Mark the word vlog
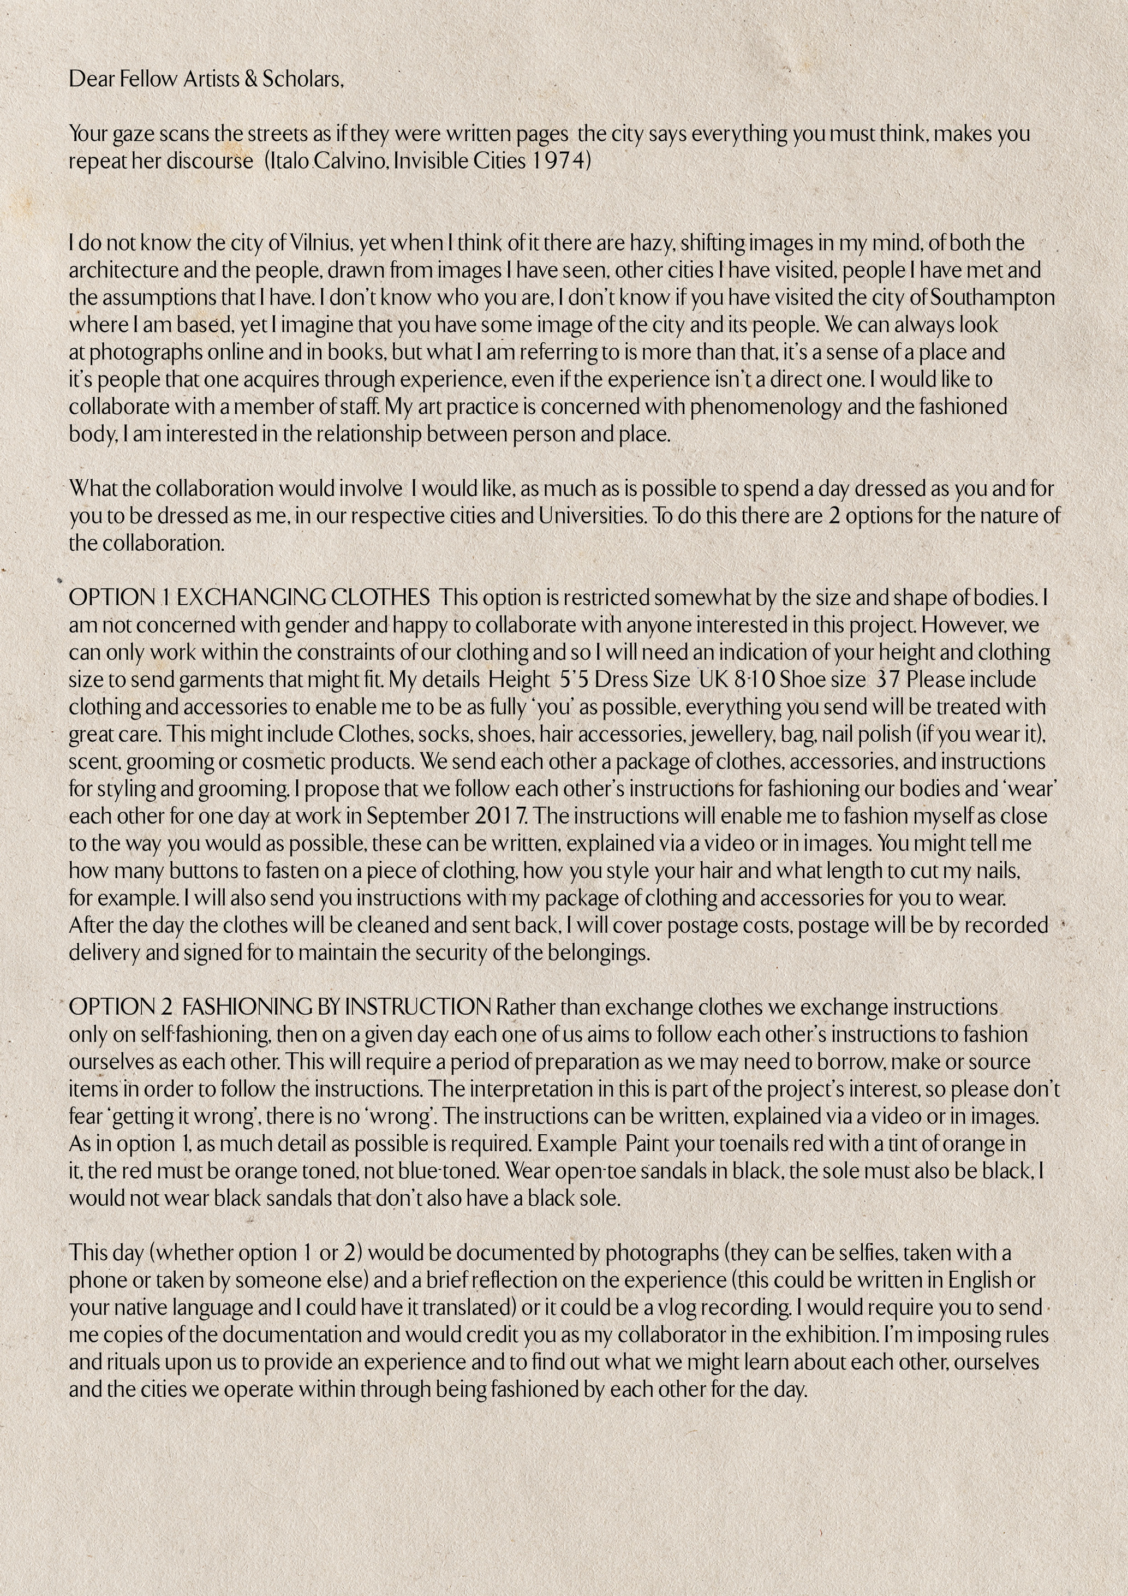point(669,1307)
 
